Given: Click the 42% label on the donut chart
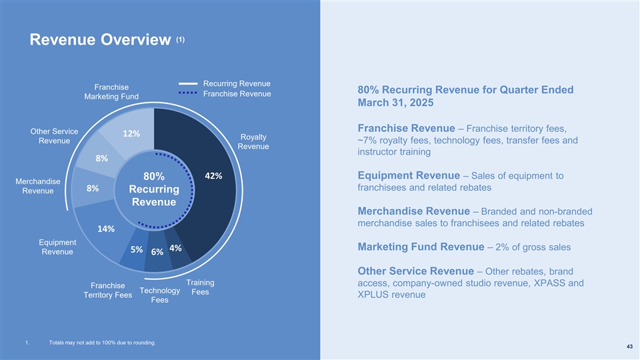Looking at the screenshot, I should pyautogui.click(x=213, y=176).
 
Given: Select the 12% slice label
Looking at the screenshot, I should pyautogui.click(x=131, y=133).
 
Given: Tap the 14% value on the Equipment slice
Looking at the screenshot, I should pyautogui.click(x=106, y=229).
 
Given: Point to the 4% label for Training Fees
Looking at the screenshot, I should pyautogui.click(x=176, y=248).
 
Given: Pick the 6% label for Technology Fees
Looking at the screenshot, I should pyautogui.click(x=157, y=252).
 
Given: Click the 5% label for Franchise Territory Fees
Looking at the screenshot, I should pyautogui.click(x=137, y=249).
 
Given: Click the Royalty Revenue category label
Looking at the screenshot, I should pyautogui.click(x=253, y=141).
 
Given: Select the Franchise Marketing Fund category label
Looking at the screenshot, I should pyautogui.click(x=111, y=92).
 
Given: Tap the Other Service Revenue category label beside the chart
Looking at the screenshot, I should pyautogui.click(x=55, y=136).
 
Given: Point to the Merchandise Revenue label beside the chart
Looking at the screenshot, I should pyautogui.click(x=38, y=187).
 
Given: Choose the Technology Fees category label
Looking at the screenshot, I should pyautogui.click(x=160, y=295).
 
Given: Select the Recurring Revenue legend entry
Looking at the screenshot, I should pyautogui.click(x=237, y=83).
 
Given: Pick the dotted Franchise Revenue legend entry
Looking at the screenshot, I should pyautogui.click(x=237, y=94).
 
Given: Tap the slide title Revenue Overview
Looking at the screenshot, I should pyautogui.click(x=100, y=41).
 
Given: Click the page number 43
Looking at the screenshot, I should pyautogui.click(x=630, y=346).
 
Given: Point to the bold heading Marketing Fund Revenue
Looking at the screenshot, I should pyautogui.click(x=421, y=247).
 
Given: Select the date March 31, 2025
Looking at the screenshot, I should pyautogui.click(x=395, y=105).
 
